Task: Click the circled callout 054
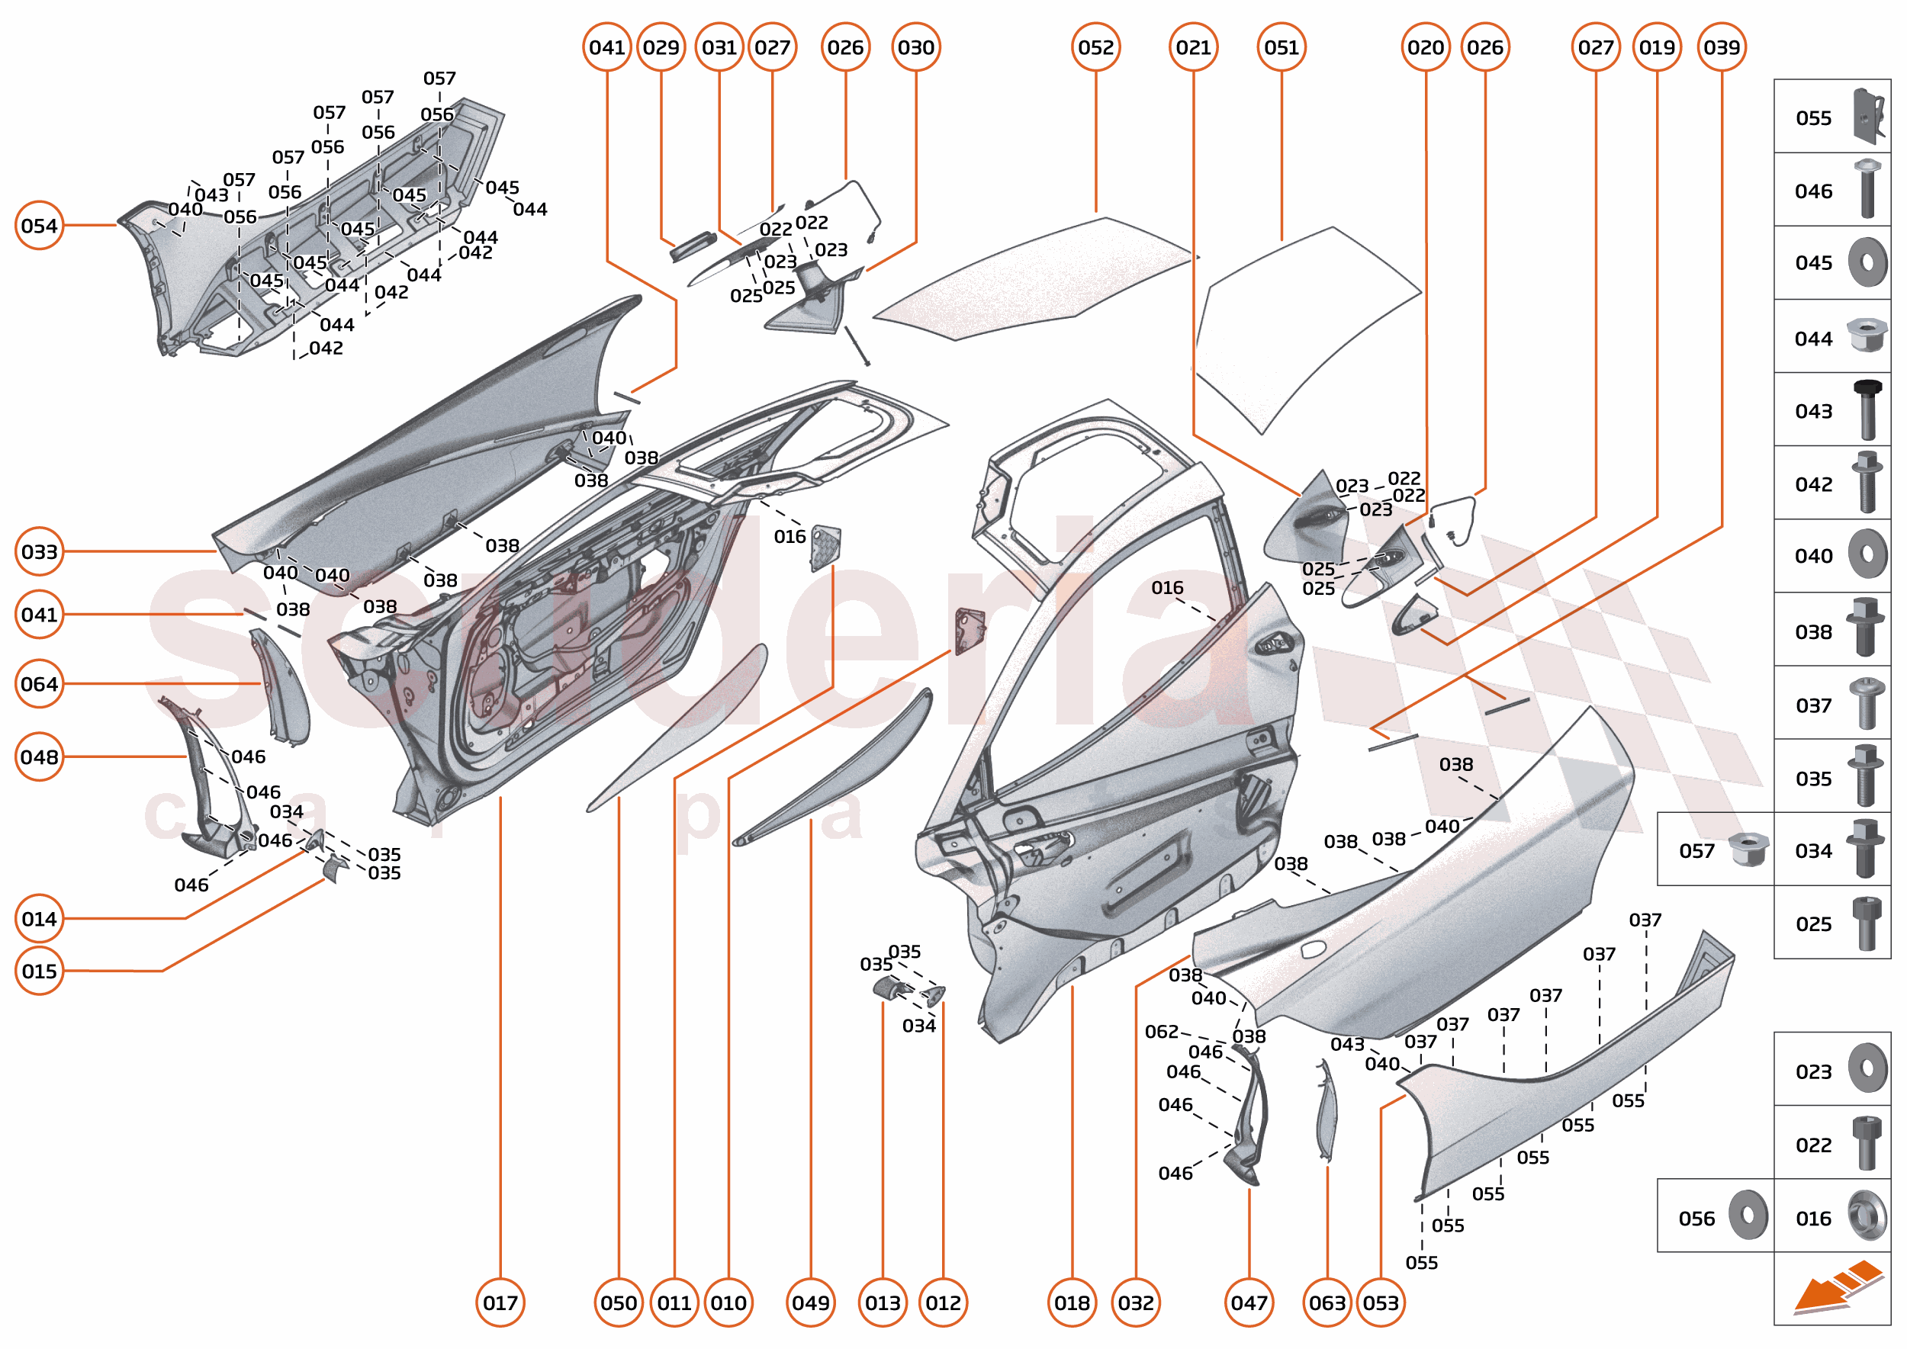click(39, 225)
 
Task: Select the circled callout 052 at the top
click(1095, 47)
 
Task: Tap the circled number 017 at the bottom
click(500, 1302)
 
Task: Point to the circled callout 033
click(39, 551)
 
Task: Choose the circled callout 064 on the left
click(39, 683)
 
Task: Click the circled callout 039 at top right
click(1721, 47)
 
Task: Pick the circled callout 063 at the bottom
click(1327, 1302)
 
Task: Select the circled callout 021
click(1193, 47)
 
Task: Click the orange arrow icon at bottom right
click(1838, 1287)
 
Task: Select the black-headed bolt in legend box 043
click(1867, 410)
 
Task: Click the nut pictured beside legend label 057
click(1748, 850)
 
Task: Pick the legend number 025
click(1813, 923)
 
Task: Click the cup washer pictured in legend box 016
click(1867, 1216)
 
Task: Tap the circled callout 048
click(39, 756)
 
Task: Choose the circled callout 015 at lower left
click(39, 970)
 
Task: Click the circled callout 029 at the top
click(661, 47)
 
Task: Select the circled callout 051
click(1282, 47)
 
